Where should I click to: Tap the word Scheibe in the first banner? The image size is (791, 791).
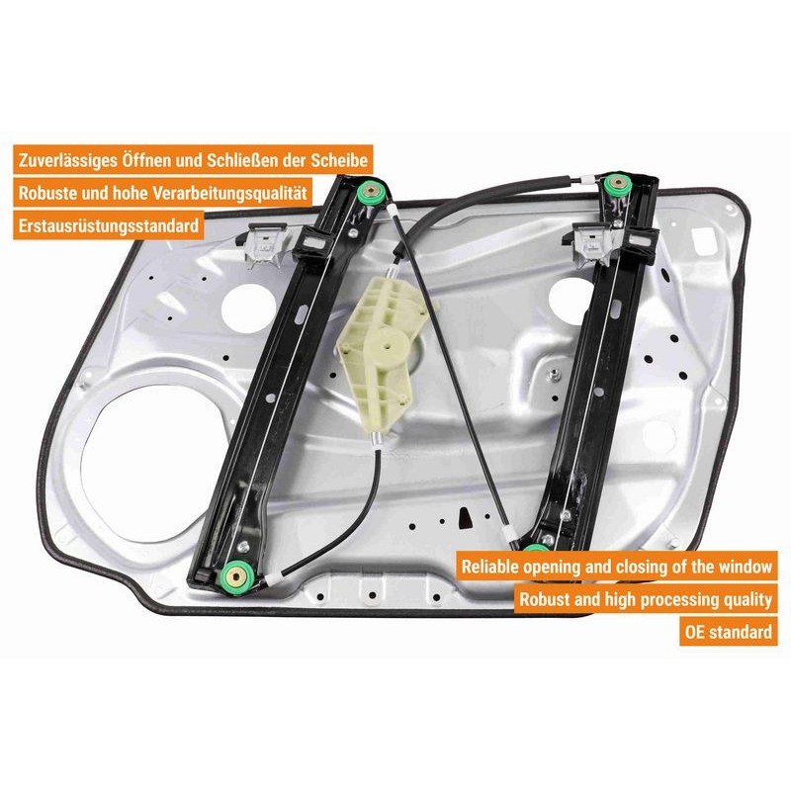tap(339, 159)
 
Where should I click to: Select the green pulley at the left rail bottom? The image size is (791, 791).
tap(237, 572)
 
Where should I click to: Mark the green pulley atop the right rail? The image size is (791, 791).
tap(620, 183)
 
